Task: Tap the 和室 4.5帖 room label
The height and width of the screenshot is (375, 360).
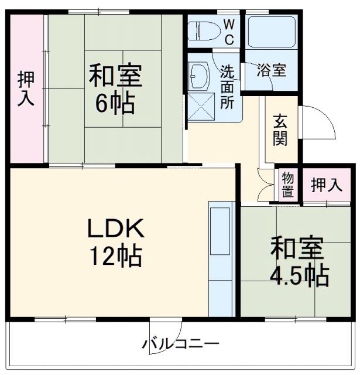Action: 297,261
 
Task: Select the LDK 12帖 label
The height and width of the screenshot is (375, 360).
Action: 115,241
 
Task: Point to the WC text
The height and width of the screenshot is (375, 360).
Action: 229,32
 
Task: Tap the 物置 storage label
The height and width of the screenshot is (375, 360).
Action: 287,184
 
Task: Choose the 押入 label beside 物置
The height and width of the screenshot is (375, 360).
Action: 325,185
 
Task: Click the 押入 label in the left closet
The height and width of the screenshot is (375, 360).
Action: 25,88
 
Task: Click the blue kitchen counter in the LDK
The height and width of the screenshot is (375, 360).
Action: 221,258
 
